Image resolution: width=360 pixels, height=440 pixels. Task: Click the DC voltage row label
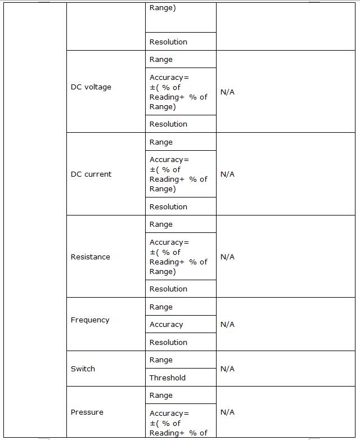[91, 87]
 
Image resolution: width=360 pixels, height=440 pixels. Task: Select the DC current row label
[91, 174]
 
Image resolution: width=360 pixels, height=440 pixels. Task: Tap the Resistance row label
[91, 257]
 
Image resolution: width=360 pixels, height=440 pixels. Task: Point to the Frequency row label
[90, 320]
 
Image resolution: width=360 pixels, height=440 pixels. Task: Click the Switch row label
[83, 369]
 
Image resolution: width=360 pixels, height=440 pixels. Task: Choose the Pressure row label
[87, 412]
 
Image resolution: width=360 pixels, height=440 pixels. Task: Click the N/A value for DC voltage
[227, 92]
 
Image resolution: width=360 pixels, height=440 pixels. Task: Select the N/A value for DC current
[227, 174]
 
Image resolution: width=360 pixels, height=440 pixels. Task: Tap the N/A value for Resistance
[227, 257]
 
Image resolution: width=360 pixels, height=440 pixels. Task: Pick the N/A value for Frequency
[227, 325]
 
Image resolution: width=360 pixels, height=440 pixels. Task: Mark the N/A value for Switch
[227, 369]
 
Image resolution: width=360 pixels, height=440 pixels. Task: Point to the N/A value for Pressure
[227, 412]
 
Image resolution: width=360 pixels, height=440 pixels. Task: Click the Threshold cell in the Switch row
[168, 378]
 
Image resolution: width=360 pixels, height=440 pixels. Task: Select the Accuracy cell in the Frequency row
[166, 325]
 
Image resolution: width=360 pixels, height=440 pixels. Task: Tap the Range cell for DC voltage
[161, 60]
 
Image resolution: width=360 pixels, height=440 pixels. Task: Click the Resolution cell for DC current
[168, 207]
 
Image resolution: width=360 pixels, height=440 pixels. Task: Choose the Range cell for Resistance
[161, 225]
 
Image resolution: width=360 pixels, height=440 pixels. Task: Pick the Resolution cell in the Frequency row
[168, 343]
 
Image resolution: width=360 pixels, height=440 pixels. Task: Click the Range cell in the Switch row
[161, 360]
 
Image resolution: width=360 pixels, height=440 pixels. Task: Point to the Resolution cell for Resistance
[168, 289]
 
